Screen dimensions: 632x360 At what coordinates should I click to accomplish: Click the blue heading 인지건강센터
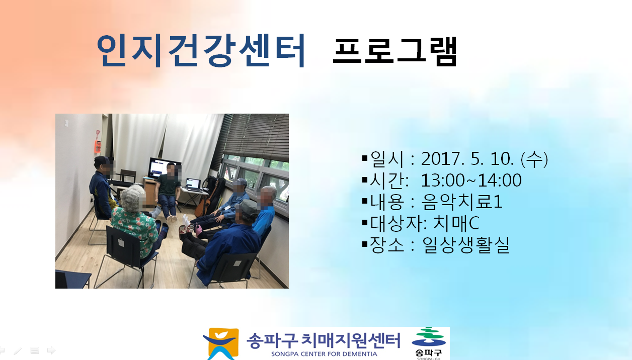click(201, 50)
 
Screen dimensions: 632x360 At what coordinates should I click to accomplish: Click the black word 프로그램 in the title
click(394, 51)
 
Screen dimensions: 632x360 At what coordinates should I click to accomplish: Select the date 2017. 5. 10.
click(467, 159)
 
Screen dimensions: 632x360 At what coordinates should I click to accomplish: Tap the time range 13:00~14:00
click(471, 180)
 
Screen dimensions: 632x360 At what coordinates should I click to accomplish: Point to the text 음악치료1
click(462, 202)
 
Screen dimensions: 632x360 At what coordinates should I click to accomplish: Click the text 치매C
click(456, 223)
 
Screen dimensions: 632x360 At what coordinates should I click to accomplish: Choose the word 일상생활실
click(466, 245)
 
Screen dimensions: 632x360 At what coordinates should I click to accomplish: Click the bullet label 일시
click(386, 159)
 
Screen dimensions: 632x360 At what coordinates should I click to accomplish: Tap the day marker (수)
click(534, 159)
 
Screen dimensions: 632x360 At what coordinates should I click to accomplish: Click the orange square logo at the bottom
click(221, 343)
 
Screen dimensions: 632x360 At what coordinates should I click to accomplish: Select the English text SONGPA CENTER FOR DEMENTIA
click(324, 354)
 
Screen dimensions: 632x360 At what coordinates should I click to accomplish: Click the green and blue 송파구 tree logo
click(429, 343)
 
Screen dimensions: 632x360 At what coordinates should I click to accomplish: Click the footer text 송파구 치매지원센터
click(324, 340)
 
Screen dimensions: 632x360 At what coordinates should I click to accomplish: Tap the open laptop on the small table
click(193, 185)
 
